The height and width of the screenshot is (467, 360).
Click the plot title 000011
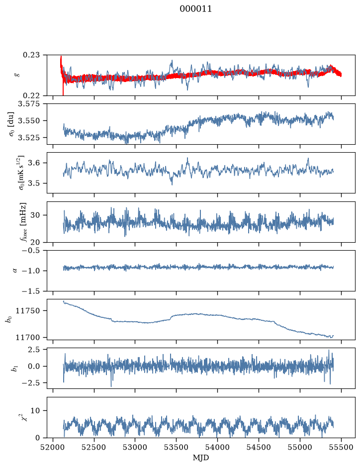pos(195,9)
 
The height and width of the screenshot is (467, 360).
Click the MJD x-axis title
pos(201,458)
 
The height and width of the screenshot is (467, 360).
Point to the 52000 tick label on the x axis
pos(53,447)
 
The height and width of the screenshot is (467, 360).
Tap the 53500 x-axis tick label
pos(177,447)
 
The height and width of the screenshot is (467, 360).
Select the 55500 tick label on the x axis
pos(341,447)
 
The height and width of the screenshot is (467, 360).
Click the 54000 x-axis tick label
pos(217,447)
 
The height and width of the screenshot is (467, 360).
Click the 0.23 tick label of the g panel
pos(31,55)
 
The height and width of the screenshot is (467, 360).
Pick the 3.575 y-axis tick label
pos(29,104)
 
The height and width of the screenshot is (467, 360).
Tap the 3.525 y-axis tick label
pos(29,138)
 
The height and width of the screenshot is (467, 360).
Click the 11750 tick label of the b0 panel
pos(27,311)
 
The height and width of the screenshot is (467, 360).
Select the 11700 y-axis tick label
pos(27,337)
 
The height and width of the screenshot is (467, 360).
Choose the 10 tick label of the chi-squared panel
pos(35,411)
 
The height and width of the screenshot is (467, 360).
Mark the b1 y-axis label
pos(14,369)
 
